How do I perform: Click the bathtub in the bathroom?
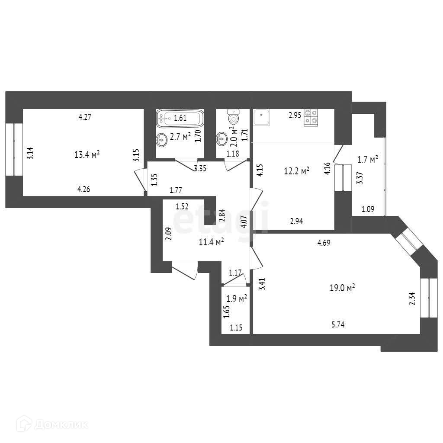[x=179, y=118]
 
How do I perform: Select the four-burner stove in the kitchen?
[x=311, y=117]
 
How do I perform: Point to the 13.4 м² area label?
[x=87, y=154]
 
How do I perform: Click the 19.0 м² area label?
[x=342, y=287]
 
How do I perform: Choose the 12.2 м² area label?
[x=296, y=171]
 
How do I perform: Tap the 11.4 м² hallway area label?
[x=211, y=242]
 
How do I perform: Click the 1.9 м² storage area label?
[x=237, y=299]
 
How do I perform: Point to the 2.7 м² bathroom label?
[x=180, y=137]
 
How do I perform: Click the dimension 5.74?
[x=337, y=325]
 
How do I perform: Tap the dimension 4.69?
[x=324, y=243]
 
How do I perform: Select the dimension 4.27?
[x=85, y=116]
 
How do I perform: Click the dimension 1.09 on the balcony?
[x=367, y=209]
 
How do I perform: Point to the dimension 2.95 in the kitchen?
[x=295, y=115]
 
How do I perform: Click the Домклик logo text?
[x=61, y=424]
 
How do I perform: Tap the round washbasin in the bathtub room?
[x=162, y=139]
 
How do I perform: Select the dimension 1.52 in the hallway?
[x=182, y=207]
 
